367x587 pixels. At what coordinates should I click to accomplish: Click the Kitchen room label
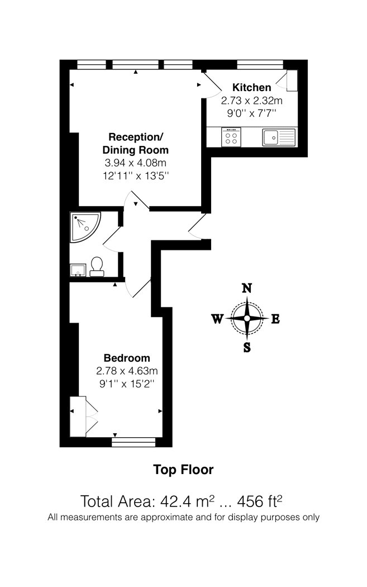point(251,88)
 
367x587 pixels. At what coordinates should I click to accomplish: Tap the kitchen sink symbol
point(279,137)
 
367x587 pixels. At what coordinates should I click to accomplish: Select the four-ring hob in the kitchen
point(231,137)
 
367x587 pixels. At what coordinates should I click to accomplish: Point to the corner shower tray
point(85,227)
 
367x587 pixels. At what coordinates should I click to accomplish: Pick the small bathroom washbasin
point(78,270)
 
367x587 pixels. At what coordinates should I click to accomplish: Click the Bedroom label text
point(127,358)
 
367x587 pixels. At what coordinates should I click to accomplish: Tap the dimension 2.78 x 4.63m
point(127,371)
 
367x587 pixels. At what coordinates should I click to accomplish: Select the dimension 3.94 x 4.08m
point(135,163)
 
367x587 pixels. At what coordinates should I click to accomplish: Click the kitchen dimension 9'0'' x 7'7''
point(251,113)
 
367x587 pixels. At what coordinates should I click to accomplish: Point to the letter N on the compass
point(246,288)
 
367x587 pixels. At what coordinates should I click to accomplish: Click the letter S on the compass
point(247,348)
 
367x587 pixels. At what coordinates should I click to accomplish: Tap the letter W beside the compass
point(217,319)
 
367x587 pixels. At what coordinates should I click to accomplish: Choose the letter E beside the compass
point(275,319)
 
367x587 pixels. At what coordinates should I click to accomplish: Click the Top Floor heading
point(183,470)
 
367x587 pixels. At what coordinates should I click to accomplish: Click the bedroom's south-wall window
point(134,442)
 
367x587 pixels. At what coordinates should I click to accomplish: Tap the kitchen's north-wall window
point(260,64)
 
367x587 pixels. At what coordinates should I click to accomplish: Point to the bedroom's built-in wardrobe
point(84,416)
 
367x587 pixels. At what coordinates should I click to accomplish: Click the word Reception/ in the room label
point(136,137)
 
